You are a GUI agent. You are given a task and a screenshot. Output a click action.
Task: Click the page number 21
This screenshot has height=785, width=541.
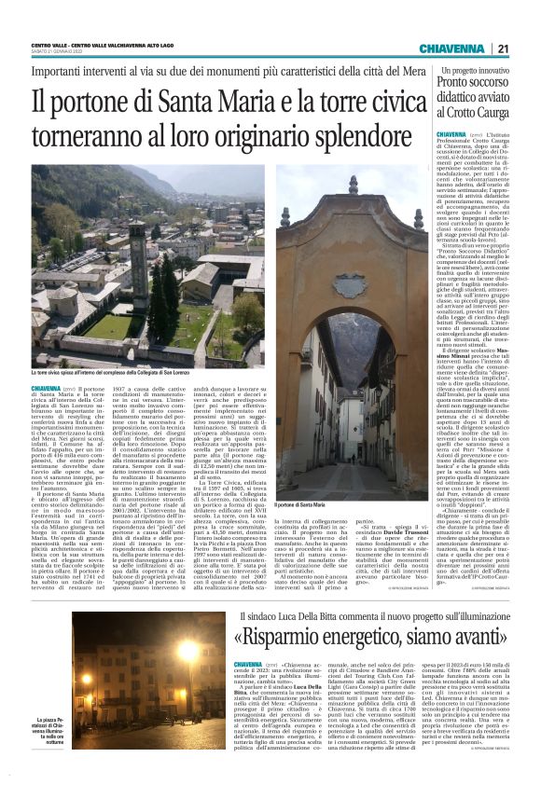pyautogui.click(x=503, y=48)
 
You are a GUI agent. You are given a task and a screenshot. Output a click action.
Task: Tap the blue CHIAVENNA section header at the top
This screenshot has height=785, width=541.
pyautogui.click(x=450, y=48)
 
